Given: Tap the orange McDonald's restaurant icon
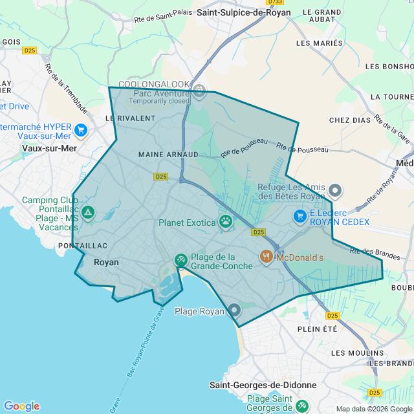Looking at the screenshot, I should pyautogui.click(x=267, y=257).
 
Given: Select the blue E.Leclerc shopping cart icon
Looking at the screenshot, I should pyautogui.click(x=300, y=216).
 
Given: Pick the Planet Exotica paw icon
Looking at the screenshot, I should pyautogui.click(x=225, y=222).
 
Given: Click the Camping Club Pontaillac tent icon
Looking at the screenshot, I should pyautogui.click(x=88, y=212).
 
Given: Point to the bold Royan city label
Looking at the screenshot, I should pyautogui.click(x=106, y=263).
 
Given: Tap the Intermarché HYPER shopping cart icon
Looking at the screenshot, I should pyautogui.click(x=81, y=130).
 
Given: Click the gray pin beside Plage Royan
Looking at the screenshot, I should pyautogui.click(x=234, y=310).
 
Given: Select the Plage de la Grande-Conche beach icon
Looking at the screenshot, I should pyautogui.click(x=180, y=260).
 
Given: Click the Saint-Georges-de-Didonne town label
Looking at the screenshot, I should pyautogui.click(x=263, y=385).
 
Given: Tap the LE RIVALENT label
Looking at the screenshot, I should pyautogui.click(x=130, y=118).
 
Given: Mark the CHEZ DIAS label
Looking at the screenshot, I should pyautogui.click(x=349, y=120).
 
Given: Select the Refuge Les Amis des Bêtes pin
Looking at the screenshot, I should pyautogui.click(x=335, y=190).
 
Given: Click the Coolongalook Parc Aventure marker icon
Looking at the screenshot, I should pyautogui.click(x=200, y=90).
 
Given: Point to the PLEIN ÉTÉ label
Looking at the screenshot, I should pyautogui.click(x=318, y=329).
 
